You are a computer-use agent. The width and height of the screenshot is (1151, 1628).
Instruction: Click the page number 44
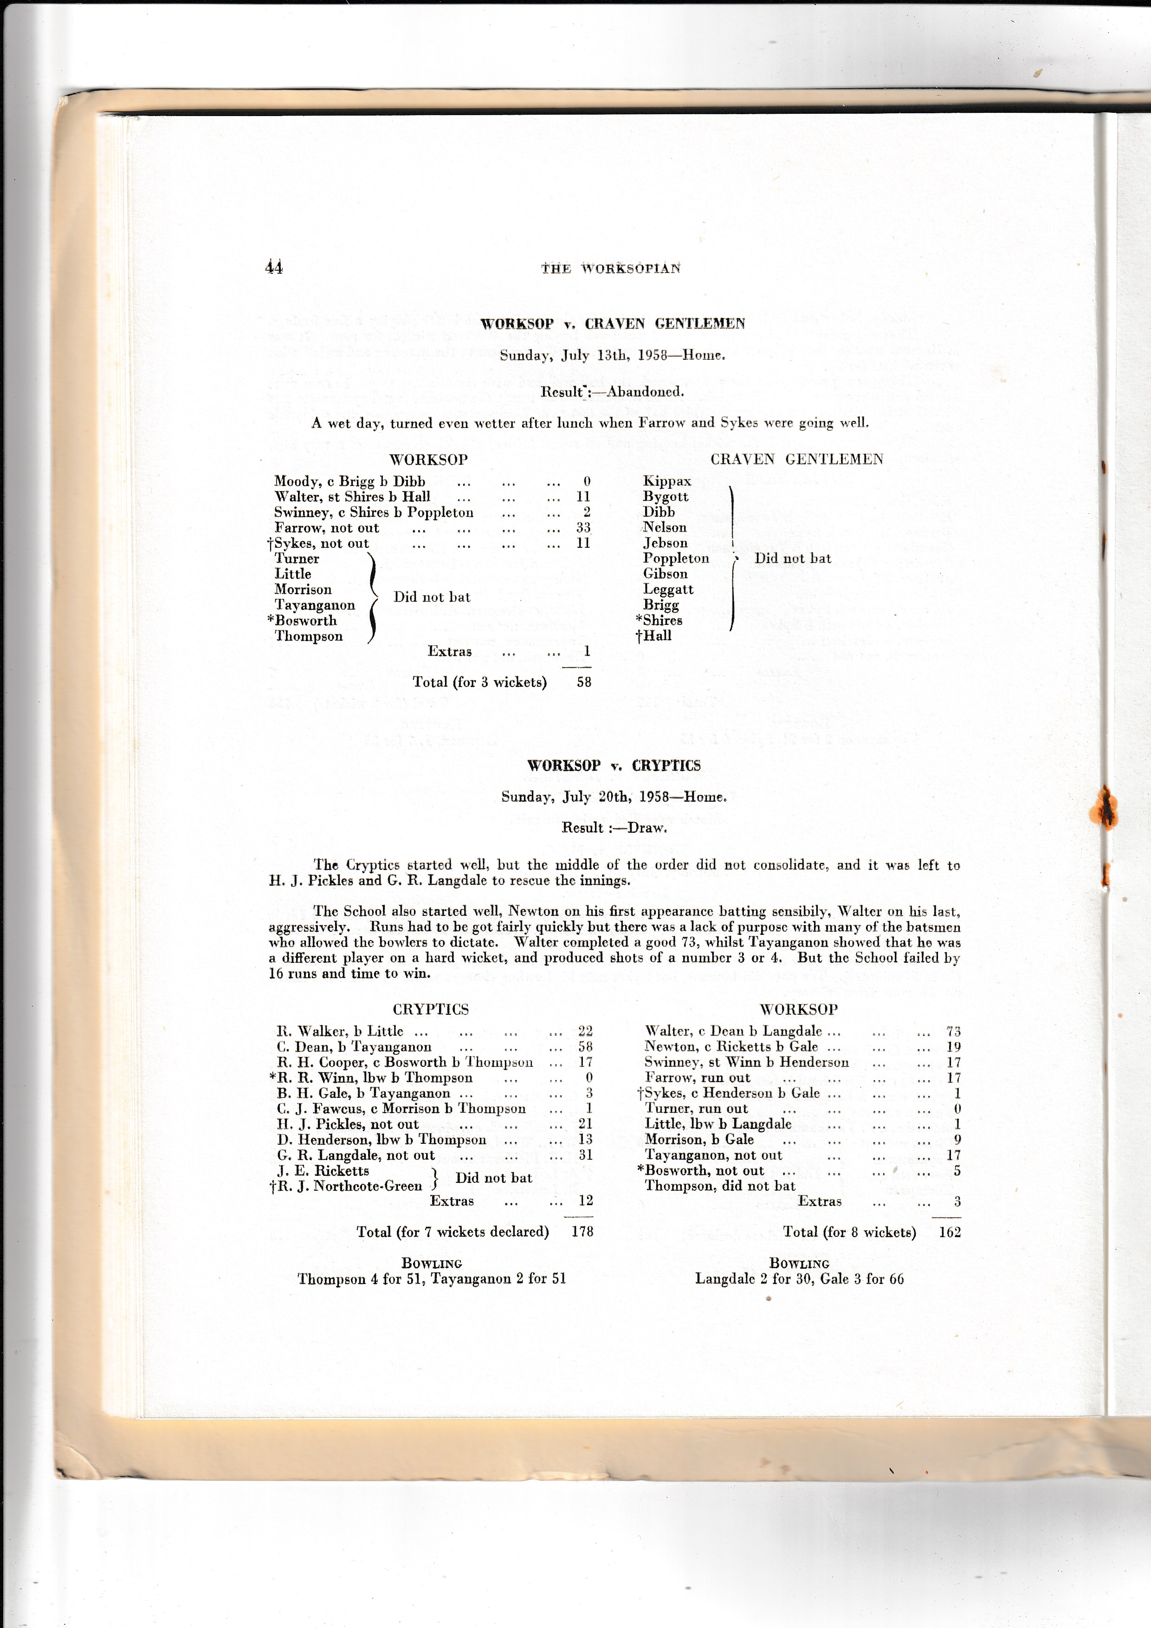274,267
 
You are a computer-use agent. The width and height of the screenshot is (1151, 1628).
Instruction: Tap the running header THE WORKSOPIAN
610,268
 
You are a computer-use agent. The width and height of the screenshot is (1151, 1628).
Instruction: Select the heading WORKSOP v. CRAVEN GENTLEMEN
612,324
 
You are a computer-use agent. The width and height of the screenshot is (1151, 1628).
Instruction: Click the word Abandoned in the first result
645,391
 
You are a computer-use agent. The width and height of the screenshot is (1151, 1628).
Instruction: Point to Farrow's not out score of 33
583,527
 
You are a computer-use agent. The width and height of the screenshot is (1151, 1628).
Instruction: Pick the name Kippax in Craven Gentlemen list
666,481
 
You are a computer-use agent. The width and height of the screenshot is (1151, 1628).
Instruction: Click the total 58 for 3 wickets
583,682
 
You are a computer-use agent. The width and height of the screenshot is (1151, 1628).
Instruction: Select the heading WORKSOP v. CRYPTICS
614,766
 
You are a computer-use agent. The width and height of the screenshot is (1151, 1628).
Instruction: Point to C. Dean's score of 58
585,1046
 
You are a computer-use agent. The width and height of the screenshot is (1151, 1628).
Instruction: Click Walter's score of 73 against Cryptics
953,1031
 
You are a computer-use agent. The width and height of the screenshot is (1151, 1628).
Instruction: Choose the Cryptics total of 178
582,1232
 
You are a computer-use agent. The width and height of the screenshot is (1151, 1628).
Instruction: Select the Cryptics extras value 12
585,1200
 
